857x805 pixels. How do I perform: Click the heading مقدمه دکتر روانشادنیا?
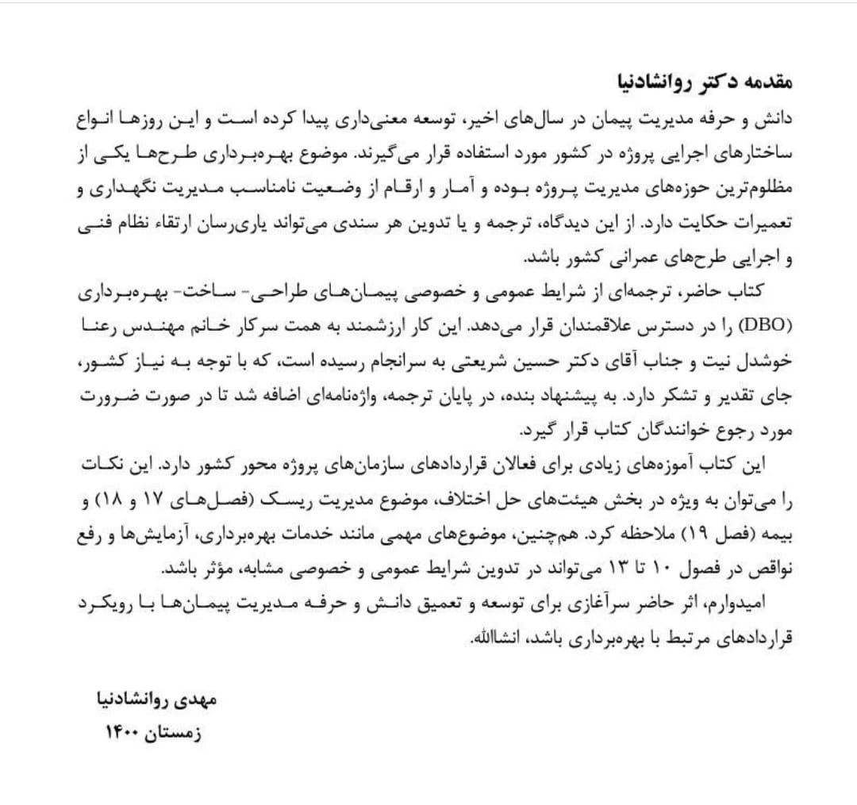coord(705,82)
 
